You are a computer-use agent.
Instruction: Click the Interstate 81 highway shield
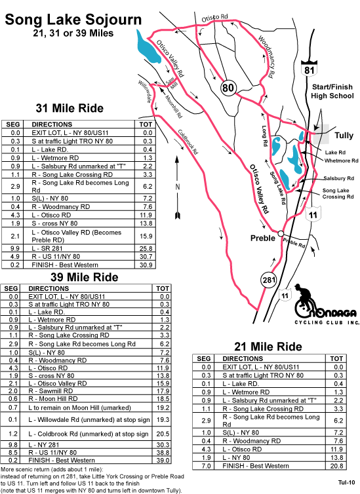tap(310, 67)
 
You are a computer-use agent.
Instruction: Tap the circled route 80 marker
tap(228, 87)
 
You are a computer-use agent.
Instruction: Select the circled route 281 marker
tap(269, 280)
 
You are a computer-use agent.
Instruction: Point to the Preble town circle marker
tap(280, 233)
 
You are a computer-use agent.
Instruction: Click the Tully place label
tap(344, 136)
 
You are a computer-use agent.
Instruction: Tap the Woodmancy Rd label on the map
tap(266, 57)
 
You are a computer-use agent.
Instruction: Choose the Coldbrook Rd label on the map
tap(188, 142)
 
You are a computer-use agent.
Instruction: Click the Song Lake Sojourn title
tap(73, 19)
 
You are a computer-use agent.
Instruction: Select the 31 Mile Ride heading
tap(70, 108)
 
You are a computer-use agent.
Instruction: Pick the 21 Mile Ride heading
tap(268, 347)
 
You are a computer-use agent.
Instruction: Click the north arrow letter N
tap(177, 187)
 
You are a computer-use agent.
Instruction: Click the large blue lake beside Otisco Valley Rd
tap(148, 47)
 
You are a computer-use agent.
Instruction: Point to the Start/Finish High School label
tap(332, 91)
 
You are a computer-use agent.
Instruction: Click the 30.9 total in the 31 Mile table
tap(146, 265)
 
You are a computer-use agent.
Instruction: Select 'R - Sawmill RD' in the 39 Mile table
tap(50, 391)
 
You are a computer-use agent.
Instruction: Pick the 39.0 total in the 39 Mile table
tap(163, 461)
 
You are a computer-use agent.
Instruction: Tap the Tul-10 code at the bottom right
tap(346, 482)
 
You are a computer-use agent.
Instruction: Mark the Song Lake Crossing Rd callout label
tap(338, 193)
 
